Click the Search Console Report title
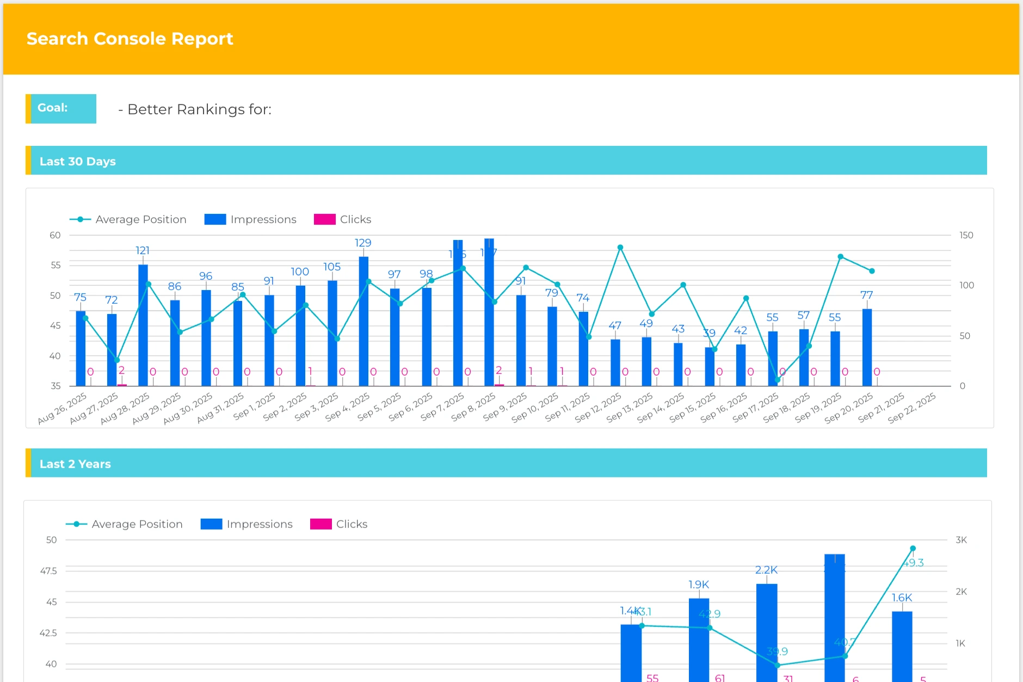click(x=130, y=39)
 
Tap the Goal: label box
click(x=61, y=108)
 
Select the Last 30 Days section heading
click(x=77, y=161)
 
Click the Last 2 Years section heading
click(x=75, y=464)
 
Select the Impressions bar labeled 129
click(x=363, y=321)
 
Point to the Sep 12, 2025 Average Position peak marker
click(x=620, y=248)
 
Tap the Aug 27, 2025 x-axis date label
click(x=94, y=408)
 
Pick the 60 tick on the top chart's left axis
click(x=55, y=235)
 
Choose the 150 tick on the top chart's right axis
click(x=966, y=235)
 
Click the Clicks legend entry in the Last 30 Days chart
click(x=343, y=219)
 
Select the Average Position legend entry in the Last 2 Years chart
click(x=125, y=524)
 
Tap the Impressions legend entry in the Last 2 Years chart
click(x=246, y=524)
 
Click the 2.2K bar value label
click(x=766, y=570)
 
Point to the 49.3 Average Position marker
click(x=913, y=549)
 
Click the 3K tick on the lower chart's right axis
click(x=961, y=540)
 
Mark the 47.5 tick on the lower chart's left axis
click(x=48, y=571)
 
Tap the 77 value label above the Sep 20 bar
click(x=866, y=295)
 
